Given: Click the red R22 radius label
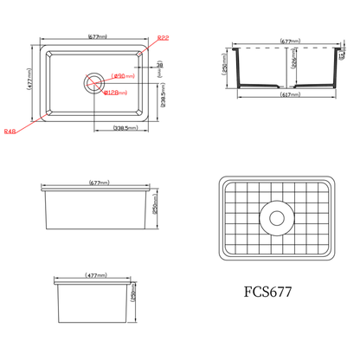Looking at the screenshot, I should point(163,36).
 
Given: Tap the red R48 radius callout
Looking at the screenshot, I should point(10,132).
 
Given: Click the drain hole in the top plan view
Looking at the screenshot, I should point(93,82).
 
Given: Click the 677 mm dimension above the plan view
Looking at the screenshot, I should point(97,37).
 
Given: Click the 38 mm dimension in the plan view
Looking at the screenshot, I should point(160,65).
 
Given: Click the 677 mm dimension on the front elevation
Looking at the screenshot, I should point(97,183).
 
